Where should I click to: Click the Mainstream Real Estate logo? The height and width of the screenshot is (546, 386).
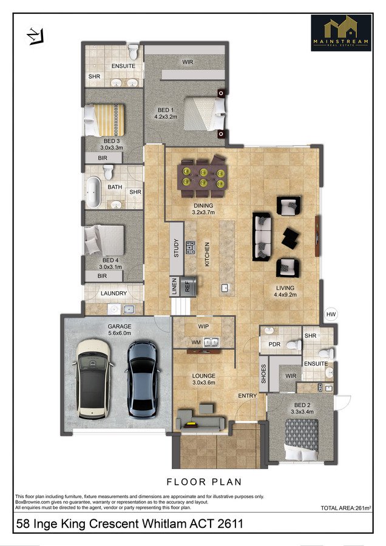[340, 32]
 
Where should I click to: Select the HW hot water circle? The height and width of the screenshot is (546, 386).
[330, 314]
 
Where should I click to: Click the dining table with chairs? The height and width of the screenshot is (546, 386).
[202, 175]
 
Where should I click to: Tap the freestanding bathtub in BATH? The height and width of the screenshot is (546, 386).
[93, 192]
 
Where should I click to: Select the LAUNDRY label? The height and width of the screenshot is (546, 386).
[113, 294]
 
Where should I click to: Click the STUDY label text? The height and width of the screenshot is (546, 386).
[177, 249]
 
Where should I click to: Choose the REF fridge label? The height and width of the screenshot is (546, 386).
[188, 286]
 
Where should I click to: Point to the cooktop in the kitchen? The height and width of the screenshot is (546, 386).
[191, 247]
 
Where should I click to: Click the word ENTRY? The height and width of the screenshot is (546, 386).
[247, 396]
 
